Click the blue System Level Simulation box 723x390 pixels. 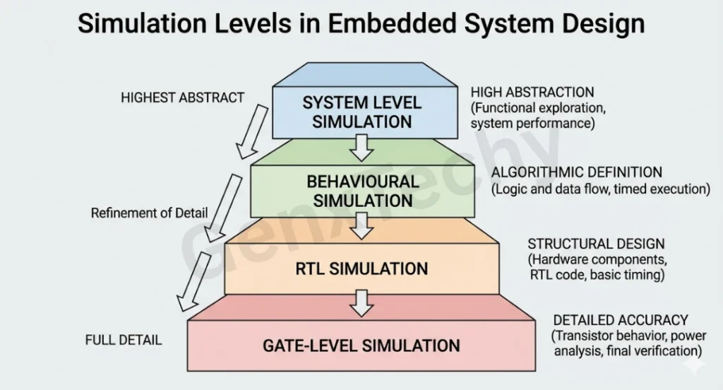(361, 112)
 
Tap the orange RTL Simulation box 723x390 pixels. (361, 268)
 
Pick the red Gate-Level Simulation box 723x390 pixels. (361, 345)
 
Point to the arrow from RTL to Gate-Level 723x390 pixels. (362, 304)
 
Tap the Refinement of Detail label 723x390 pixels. (150, 213)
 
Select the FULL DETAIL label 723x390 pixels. (124, 340)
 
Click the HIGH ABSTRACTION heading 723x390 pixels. (532, 92)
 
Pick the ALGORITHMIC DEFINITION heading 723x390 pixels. (577, 172)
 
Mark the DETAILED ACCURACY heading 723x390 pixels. (621, 320)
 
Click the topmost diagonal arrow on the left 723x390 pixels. (251, 131)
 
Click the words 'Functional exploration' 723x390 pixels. (538, 107)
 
